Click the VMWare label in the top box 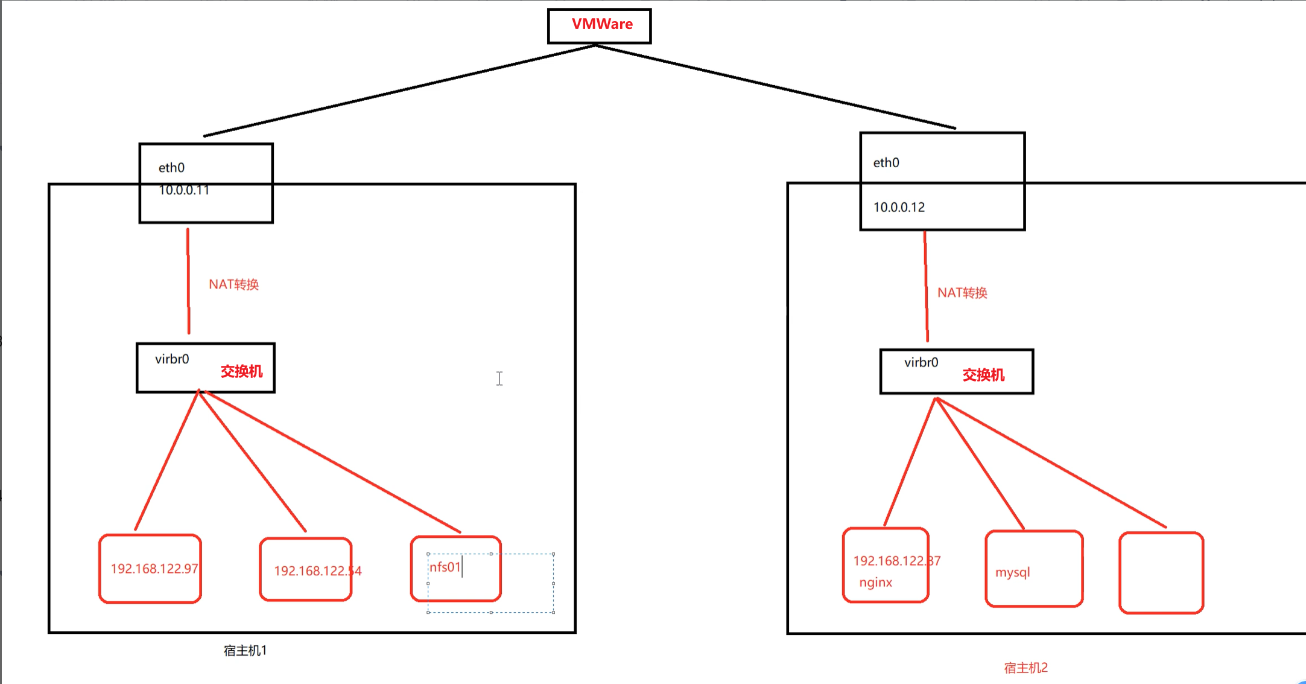pyautogui.click(x=602, y=24)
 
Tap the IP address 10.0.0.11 pyautogui.click(x=184, y=190)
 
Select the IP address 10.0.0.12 pyautogui.click(x=899, y=207)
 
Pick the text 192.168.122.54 pyautogui.click(x=317, y=571)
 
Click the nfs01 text pyautogui.click(x=445, y=567)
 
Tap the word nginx pyautogui.click(x=875, y=583)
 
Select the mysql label pyautogui.click(x=1012, y=572)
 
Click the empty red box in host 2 pyautogui.click(x=1161, y=572)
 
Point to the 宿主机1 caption pyautogui.click(x=245, y=651)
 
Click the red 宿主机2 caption pyautogui.click(x=1025, y=668)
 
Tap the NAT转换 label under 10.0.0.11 pyautogui.click(x=233, y=284)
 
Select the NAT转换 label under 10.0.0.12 pyautogui.click(x=962, y=293)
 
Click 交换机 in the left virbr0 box pyautogui.click(x=241, y=371)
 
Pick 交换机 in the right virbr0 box pyautogui.click(x=983, y=375)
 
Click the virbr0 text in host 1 pyautogui.click(x=172, y=359)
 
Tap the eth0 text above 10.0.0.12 pyautogui.click(x=886, y=162)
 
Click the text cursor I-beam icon pyautogui.click(x=499, y=379)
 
